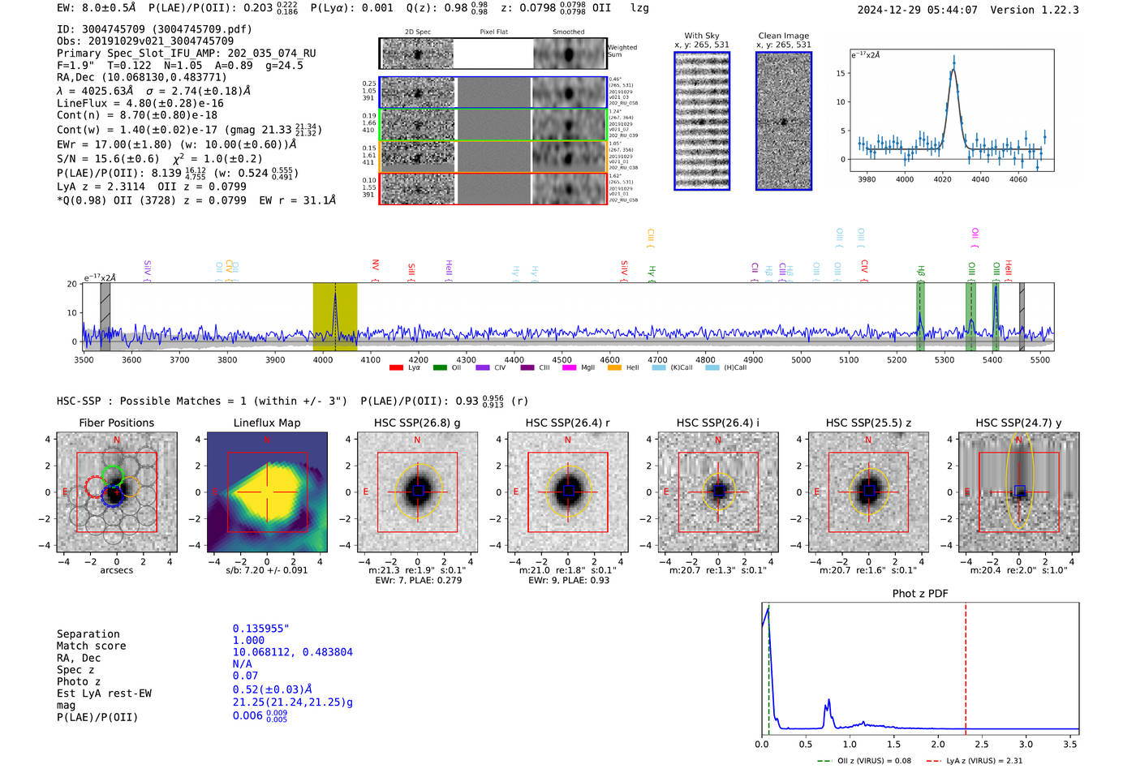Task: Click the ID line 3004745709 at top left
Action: point(154,29)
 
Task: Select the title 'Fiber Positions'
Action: point(116,423)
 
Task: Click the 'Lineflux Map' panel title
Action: point(267,423)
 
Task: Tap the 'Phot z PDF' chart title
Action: point(920,594)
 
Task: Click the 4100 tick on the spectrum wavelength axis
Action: point(370,359)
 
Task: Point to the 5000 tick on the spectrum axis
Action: point(801,359)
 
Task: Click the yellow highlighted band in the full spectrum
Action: point(335,316)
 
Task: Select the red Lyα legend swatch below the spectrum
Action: point(396,367)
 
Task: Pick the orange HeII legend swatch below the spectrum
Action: point(613,367)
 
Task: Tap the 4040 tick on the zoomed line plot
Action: point(980,179)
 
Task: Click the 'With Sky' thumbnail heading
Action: point(701,36)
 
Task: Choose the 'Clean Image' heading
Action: point(783,36)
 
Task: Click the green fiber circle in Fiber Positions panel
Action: point(113,476)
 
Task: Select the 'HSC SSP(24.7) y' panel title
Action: point(1018,423)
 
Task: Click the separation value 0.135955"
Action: point(260,629)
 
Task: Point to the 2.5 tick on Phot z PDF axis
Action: point(982,744)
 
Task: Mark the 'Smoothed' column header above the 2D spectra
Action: point(568,32)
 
